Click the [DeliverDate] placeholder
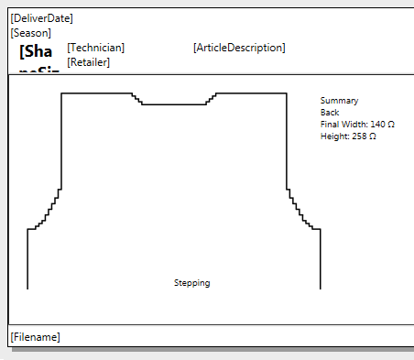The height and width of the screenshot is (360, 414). click(x=41, y=18)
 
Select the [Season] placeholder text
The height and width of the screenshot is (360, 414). click(x=30, y=32)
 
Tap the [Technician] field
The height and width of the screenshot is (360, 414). click(x=96, y=48)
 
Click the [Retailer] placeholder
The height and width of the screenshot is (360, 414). click(x=89, y=62)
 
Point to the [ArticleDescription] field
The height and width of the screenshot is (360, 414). click(x=239, y=48)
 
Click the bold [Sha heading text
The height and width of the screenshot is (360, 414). click(x=36, y=51)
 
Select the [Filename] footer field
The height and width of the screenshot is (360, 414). click(x=35, y=337)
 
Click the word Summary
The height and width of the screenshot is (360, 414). click(x=339, y=100)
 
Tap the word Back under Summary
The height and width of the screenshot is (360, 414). click(x=330, y=112)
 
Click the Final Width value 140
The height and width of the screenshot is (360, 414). click(x=376, y=124)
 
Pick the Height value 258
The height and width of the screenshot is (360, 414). click(x=358, y=136)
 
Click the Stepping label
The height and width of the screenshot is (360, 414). click(x=191, y=283)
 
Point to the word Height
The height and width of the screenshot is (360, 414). click(x=333, y=136)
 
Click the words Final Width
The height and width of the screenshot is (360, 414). click(x=343, y=124)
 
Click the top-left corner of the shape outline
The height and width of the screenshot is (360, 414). click(x=61, y=93)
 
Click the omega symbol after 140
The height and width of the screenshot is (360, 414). click(x=391, y=124)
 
